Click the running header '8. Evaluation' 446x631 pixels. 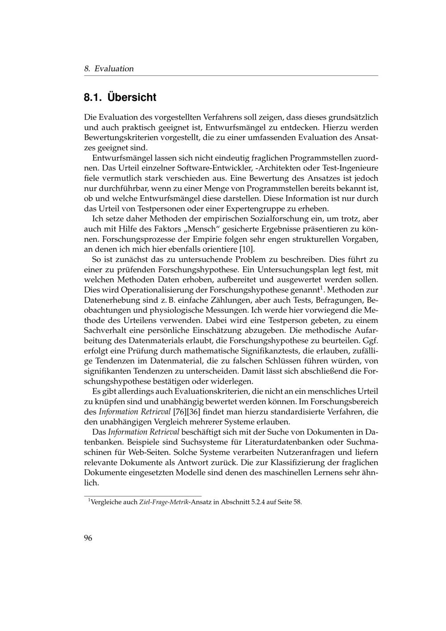[x=109, y=69]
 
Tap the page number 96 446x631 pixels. [x=88, y=538]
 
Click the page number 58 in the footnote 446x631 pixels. [x=297, y=502]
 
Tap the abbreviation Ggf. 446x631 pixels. [x=370, y=340]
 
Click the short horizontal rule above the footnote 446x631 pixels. [x=143, y=495]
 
